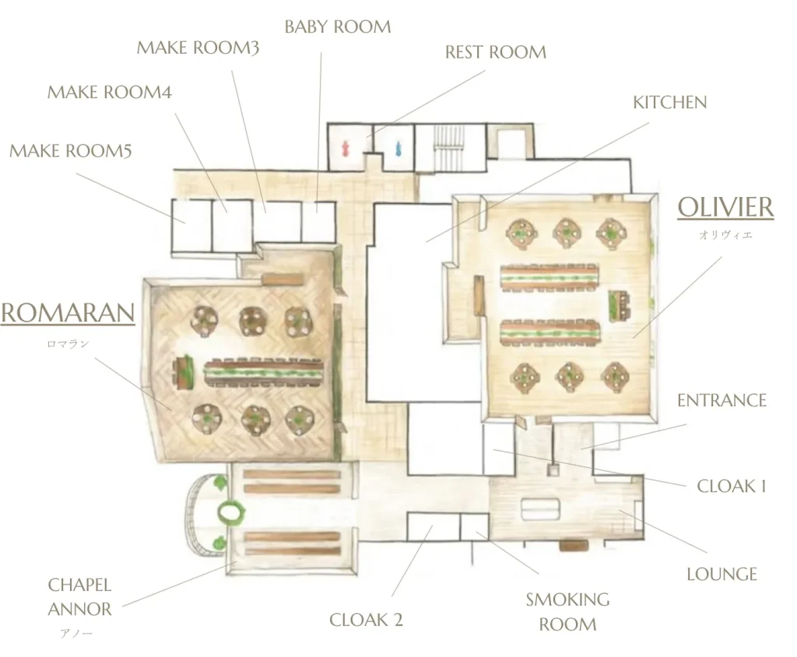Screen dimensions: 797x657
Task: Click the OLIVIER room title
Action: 725,208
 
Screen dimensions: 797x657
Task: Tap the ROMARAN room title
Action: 68,313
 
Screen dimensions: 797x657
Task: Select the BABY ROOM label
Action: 338,27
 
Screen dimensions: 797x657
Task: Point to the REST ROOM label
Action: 496,52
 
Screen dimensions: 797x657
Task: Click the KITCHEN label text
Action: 669,103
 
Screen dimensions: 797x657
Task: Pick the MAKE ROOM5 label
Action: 71,150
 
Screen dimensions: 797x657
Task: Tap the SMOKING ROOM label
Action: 567,612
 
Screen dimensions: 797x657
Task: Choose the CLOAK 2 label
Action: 366,620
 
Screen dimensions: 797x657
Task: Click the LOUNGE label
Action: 722,574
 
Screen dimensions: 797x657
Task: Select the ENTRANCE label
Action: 722,401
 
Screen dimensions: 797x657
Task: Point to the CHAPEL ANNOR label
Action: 80,597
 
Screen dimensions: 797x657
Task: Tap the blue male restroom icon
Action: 398,149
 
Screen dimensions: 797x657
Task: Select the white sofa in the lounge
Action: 540,510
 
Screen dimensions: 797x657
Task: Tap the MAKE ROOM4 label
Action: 109,93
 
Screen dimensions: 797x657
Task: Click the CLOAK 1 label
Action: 731,487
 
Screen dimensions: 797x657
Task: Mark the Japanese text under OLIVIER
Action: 725,235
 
